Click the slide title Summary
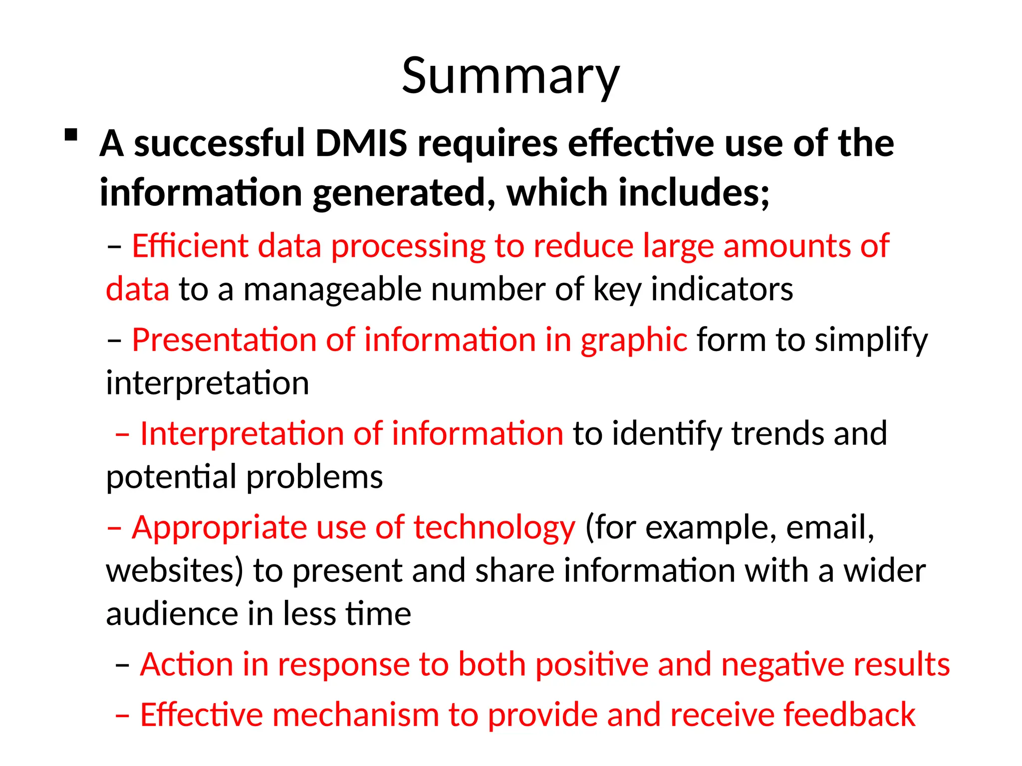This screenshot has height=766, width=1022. coord(511,76)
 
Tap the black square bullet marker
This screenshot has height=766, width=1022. coord(71,136)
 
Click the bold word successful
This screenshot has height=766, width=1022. coord(219,144)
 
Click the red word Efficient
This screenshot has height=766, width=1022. coord(190,246)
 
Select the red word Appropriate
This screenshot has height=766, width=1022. coord(219,528)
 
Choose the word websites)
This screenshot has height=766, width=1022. coord(175,571)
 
